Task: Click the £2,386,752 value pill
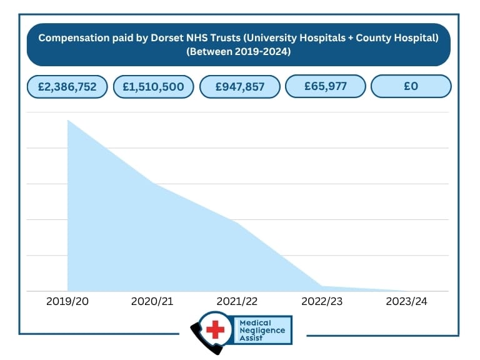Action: pyautogui.click(x=67, y=87)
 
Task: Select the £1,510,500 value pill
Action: pyautogui.click(x=154, y=87)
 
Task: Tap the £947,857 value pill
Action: pyautogui.click(x=240, y=87)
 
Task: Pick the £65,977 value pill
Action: pyautogui.click(x=326, y=86)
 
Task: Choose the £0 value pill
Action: pyautogui.click(x=411, y=86)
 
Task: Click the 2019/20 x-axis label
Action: pyautogui.click(x=67, y=301)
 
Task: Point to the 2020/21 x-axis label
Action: pyautogui.click(x=152, y=301)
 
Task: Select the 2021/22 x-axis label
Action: pyautogui.click(x=237, y=301)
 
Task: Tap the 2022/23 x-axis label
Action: pyautogui.click(x=322, y=301)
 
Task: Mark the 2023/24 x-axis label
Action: pyautogui.click(x=407, y=301)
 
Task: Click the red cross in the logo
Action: pyautogui.click(x=214, y=329)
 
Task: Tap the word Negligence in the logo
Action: pyautogui.click(x=262, y=330)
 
